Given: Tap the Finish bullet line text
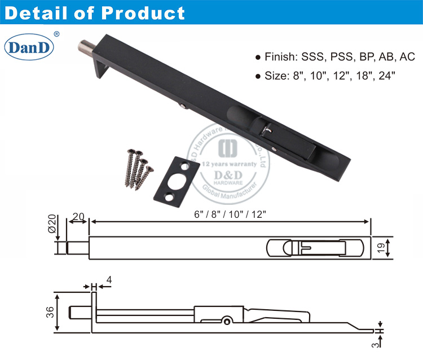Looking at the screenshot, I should (335, 57).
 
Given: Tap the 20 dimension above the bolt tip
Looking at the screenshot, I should (78, 217).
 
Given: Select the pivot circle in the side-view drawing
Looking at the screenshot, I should (227, 321).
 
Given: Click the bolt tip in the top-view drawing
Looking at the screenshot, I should (77, 248).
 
